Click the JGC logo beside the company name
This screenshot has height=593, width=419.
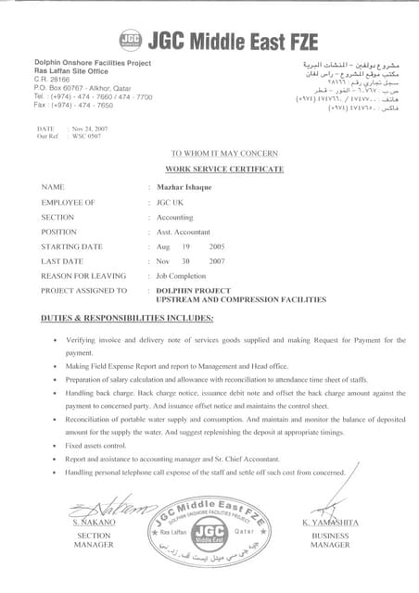click(x=131, y=38)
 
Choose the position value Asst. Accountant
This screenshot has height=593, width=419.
click(x=184, y=231)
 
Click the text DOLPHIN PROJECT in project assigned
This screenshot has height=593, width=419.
click(x=191, y=290)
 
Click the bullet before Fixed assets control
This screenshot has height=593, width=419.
click(x=57, y=447)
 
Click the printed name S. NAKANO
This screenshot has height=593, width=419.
click(x=94, y=524)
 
